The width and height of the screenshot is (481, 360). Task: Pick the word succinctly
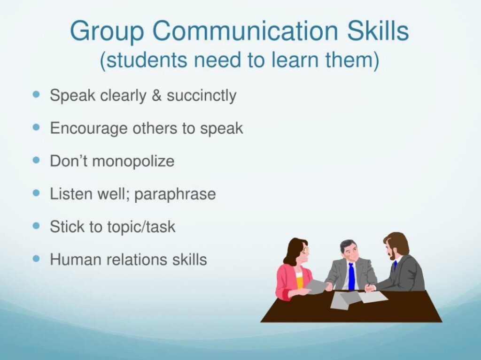click(x=202, y=96)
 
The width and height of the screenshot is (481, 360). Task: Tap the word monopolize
click(x=133, y=161)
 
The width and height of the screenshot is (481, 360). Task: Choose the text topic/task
click(x=139, y=227)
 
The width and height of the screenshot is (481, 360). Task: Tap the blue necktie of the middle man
click(x=351, y=276)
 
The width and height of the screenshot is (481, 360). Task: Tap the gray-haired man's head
click(x=349, y=249)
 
